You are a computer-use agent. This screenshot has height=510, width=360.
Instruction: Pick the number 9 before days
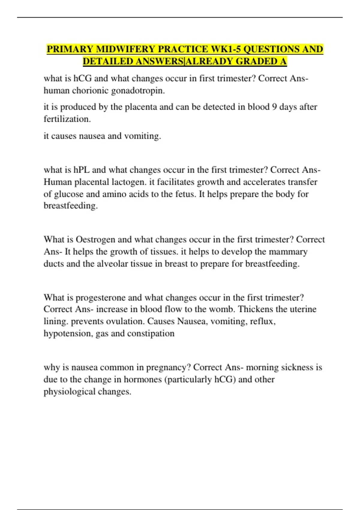click(274, 107)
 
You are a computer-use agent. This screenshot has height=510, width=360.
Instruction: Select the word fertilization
click(67, 119)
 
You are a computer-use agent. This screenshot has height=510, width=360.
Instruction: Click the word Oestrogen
click(95, 239)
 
